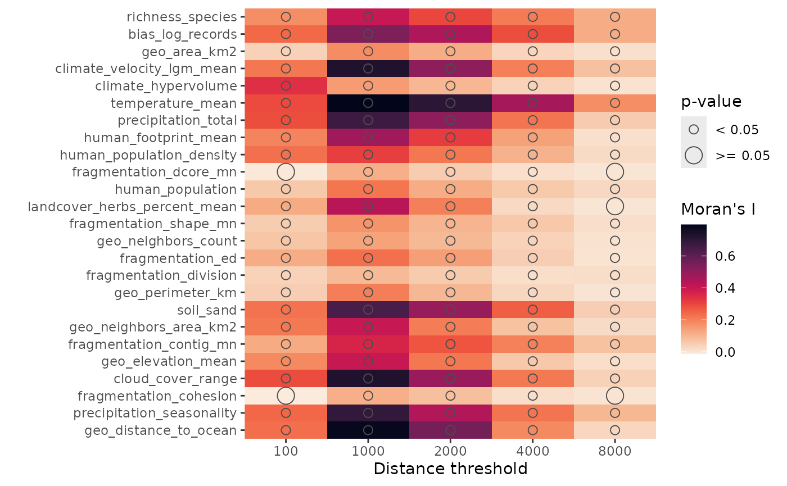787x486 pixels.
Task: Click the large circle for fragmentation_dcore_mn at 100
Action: (x=286, y=172)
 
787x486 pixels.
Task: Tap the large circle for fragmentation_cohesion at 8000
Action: (x=614, y=396)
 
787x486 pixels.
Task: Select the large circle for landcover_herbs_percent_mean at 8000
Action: (x=614, y=206)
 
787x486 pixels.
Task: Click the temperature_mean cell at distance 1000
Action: (x=368, y=103)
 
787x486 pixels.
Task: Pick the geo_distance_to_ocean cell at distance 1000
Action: (x=368, y=430)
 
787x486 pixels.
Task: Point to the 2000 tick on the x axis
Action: (x=450, y=451)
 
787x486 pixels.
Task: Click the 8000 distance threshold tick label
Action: (x=614, y=451)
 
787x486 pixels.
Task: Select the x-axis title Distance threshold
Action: (x=450, y=469)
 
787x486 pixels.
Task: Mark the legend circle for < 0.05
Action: (x=694, y=130)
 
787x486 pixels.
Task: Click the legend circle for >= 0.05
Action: (x=694, y=156)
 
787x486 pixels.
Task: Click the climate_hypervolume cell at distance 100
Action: (x=286, y=86)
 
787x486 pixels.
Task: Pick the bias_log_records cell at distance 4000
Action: (x=532, y=34)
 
